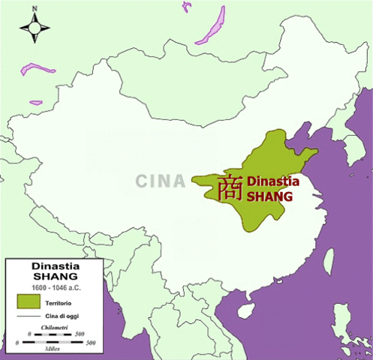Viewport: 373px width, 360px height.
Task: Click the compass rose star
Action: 35,28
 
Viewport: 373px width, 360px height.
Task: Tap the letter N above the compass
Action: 35,9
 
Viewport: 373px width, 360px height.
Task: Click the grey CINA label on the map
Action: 161,181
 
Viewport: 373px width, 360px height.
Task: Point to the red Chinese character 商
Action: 230,187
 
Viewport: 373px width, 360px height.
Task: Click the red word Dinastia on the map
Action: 272,181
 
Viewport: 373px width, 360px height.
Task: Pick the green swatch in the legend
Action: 28,301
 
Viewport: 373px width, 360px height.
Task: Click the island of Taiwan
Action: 328,259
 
